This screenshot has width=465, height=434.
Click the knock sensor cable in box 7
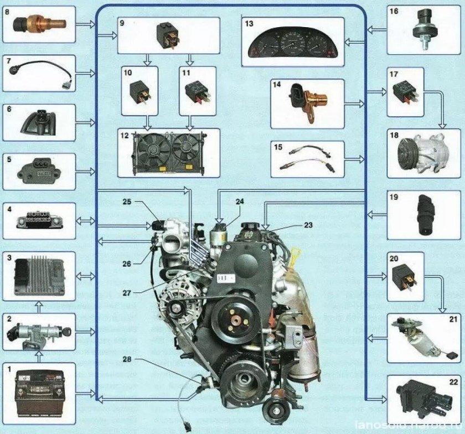point(39,77)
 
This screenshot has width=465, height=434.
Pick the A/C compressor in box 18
point(423,155)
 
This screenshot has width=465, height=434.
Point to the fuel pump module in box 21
point(423,338)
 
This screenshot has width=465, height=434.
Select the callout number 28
point(127,359)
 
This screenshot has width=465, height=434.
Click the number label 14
point(277,85)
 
